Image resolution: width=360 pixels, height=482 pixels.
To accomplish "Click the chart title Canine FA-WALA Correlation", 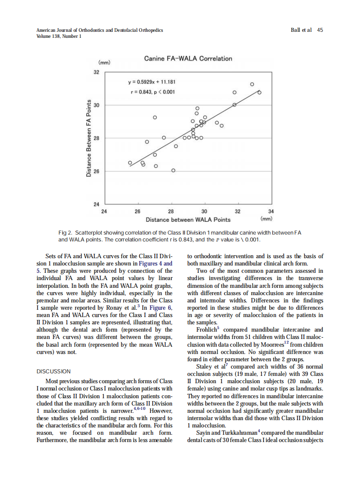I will coord(188,58).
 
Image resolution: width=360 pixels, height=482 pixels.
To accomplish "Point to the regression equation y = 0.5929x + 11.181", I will coord(149,82).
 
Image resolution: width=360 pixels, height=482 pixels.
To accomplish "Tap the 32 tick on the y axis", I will coord(97,72).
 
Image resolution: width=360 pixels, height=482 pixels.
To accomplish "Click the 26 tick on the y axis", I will coord(97,171).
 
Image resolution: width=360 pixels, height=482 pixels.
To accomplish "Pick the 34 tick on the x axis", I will coord(271,211).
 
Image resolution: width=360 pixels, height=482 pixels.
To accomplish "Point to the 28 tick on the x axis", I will coord(171,211).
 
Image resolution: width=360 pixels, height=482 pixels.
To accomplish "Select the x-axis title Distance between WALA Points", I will coord(188,220).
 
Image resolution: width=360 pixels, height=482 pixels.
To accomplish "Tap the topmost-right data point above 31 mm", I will coord(252,84).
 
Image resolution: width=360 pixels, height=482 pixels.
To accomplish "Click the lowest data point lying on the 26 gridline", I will coord(173,171).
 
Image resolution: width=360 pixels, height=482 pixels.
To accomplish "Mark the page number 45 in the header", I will coord(320,30).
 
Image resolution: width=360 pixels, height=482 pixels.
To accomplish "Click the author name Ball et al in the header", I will coord(301,30).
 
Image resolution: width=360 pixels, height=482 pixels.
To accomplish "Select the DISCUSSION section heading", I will coord(54,371).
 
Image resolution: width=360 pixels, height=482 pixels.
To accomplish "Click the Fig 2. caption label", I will coord(66,232).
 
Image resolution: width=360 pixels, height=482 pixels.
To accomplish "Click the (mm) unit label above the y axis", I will coord(105,62).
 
